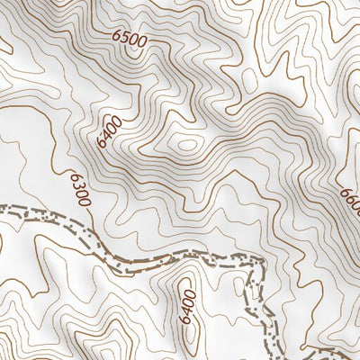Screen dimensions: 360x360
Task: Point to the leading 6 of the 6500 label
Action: point(117,37)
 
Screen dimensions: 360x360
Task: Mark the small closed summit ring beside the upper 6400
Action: point(186,144)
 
